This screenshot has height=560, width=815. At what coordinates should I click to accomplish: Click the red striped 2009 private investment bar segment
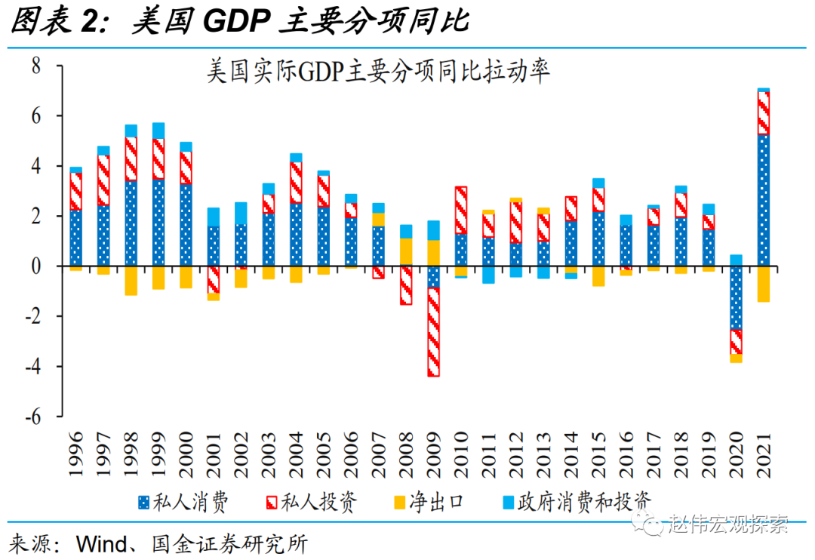(x=433, y=332)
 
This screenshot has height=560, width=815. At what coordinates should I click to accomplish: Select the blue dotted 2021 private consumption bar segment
(x=763, y=200)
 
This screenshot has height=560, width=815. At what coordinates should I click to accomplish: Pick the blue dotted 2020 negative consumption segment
(x=735, y=297)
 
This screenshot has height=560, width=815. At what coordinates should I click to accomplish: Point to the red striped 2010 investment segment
(x=460, y=211)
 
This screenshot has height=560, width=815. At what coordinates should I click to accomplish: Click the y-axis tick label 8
(x=35, y=66)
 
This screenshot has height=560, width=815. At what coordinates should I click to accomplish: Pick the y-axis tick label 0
(x=35, y=266)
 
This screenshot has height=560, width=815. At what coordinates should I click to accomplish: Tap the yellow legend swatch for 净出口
(x=398, y=502)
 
